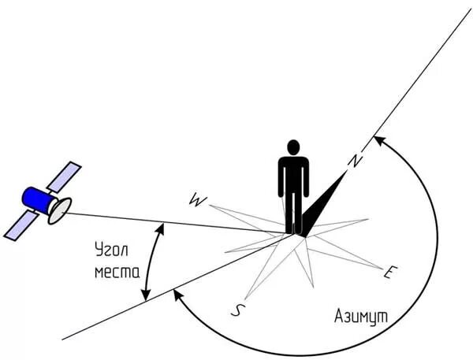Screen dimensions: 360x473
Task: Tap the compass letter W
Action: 197,201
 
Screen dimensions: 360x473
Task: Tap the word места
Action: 117,273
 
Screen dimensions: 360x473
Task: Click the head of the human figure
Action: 293,147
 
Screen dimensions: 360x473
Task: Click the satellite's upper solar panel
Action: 64,176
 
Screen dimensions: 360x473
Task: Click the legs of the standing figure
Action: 293,213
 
